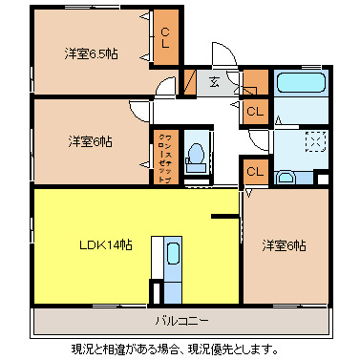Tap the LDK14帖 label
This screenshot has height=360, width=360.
(x=105, y=245)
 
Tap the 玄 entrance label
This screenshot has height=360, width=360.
(x=217, y=82)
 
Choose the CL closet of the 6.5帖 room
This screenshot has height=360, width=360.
(x=164, y=39)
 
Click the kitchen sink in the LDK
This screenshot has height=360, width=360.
(x=174, y=257)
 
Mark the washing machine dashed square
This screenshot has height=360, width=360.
(x=312, y=141)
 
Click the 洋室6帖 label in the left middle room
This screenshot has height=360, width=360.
(x=90, y=141)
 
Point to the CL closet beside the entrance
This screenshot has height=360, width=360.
(x=254, y=111)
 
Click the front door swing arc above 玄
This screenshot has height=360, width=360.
(x=222, y=55)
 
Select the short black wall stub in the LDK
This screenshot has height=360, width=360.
(x=224, y=218)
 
